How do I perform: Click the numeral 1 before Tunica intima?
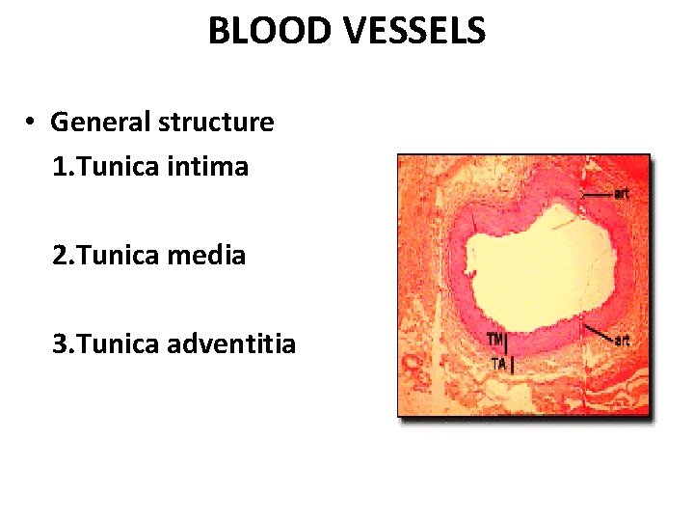click(x=60, y=167)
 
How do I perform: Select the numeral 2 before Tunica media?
click(x=60, y=256)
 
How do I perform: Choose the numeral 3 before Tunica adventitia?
click(x=60, y=343)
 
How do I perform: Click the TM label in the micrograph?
click(x=495, y=340)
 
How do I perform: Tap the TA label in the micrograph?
click(x=497, y=364)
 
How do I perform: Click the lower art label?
click(x=623, y=340)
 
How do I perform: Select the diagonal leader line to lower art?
click(x=599, y=332)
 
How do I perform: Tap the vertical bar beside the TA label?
click(x=513, y=365)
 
